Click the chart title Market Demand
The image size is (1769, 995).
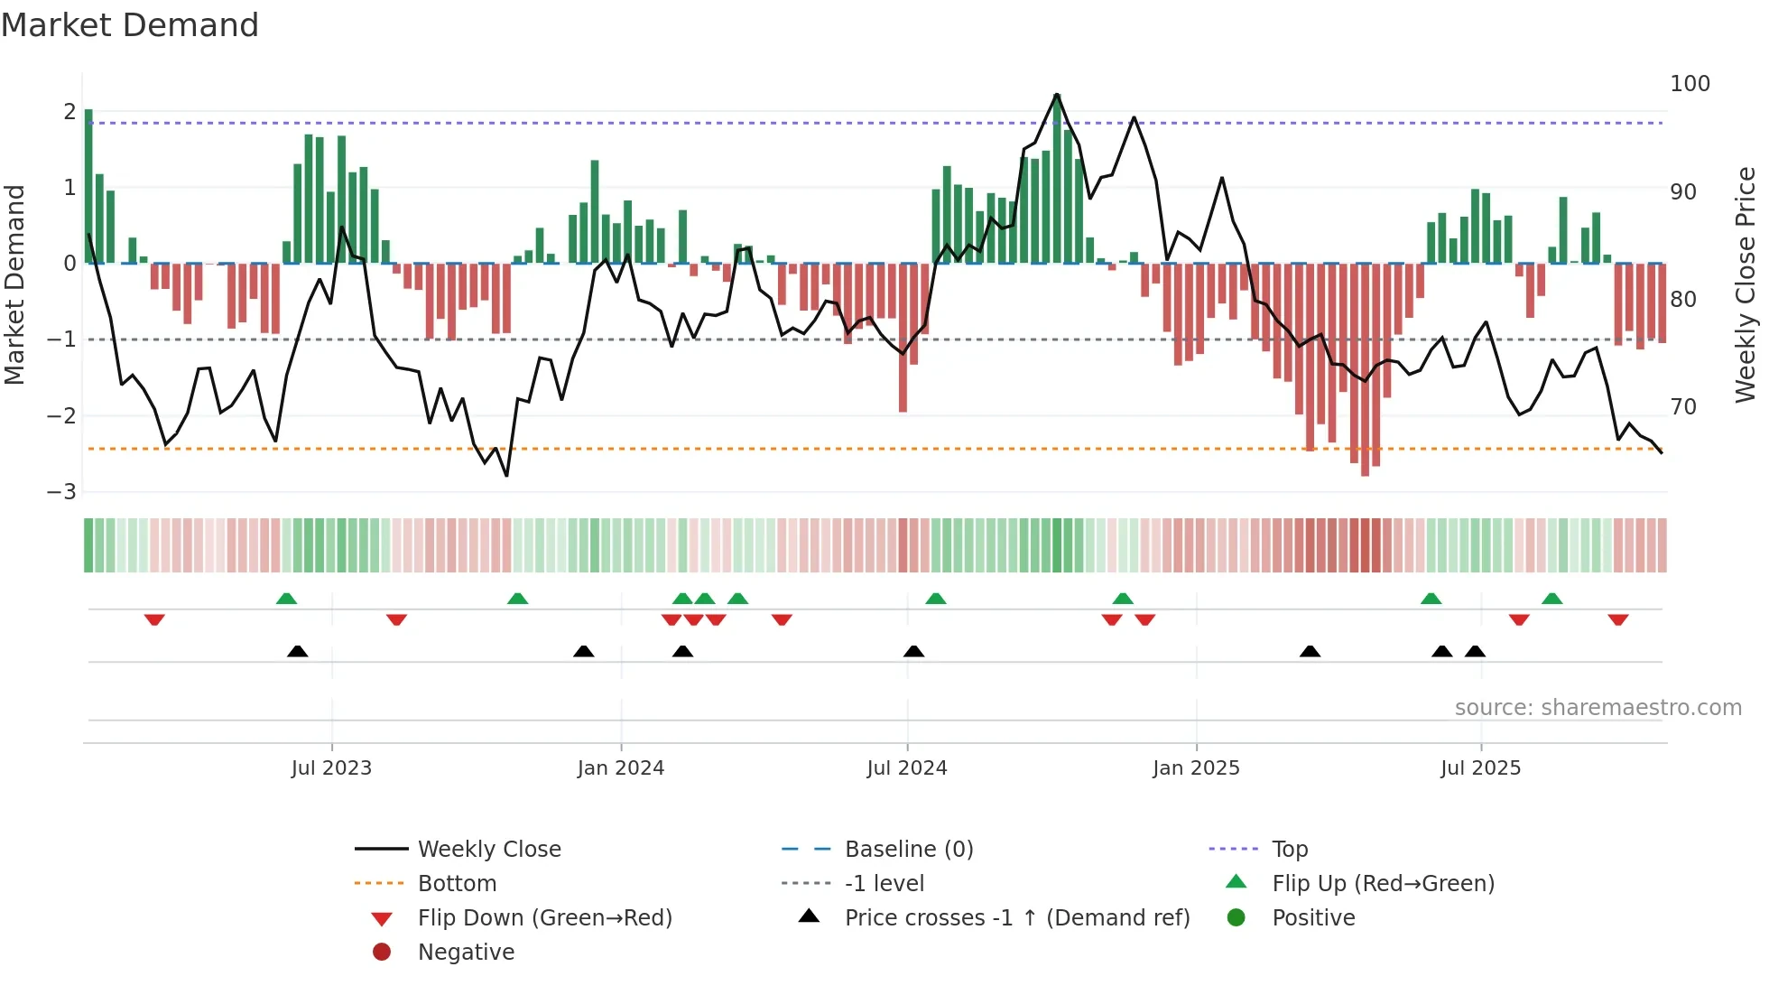coord(130,25)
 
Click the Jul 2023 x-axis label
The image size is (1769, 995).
coord(331,768)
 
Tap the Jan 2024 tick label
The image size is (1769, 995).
coord(621,768)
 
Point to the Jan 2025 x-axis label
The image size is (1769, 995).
coord(1196,768)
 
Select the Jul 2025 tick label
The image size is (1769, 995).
coord(1480,768)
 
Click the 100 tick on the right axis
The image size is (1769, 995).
coord(1690,84)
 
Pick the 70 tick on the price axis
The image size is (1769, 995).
coord(1683,407)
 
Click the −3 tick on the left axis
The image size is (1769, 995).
coord(61,492)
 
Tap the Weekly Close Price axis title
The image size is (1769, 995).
coord(1746,284)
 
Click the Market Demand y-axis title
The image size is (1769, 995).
coord(15,284)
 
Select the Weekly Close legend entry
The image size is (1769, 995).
coord(488,850)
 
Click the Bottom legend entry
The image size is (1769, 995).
coord(457,884)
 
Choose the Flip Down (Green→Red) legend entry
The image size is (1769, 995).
coord(544,918)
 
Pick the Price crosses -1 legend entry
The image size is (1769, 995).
coord(1016,918)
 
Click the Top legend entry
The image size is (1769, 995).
coord(1290,850)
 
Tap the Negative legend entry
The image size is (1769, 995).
coord(466,953)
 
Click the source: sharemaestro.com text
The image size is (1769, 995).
coord(1598,708)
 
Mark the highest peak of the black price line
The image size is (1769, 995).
coord(1057,94)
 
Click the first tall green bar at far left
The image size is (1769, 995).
coord(88,185)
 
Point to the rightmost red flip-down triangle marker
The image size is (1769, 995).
coord(1617,620)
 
